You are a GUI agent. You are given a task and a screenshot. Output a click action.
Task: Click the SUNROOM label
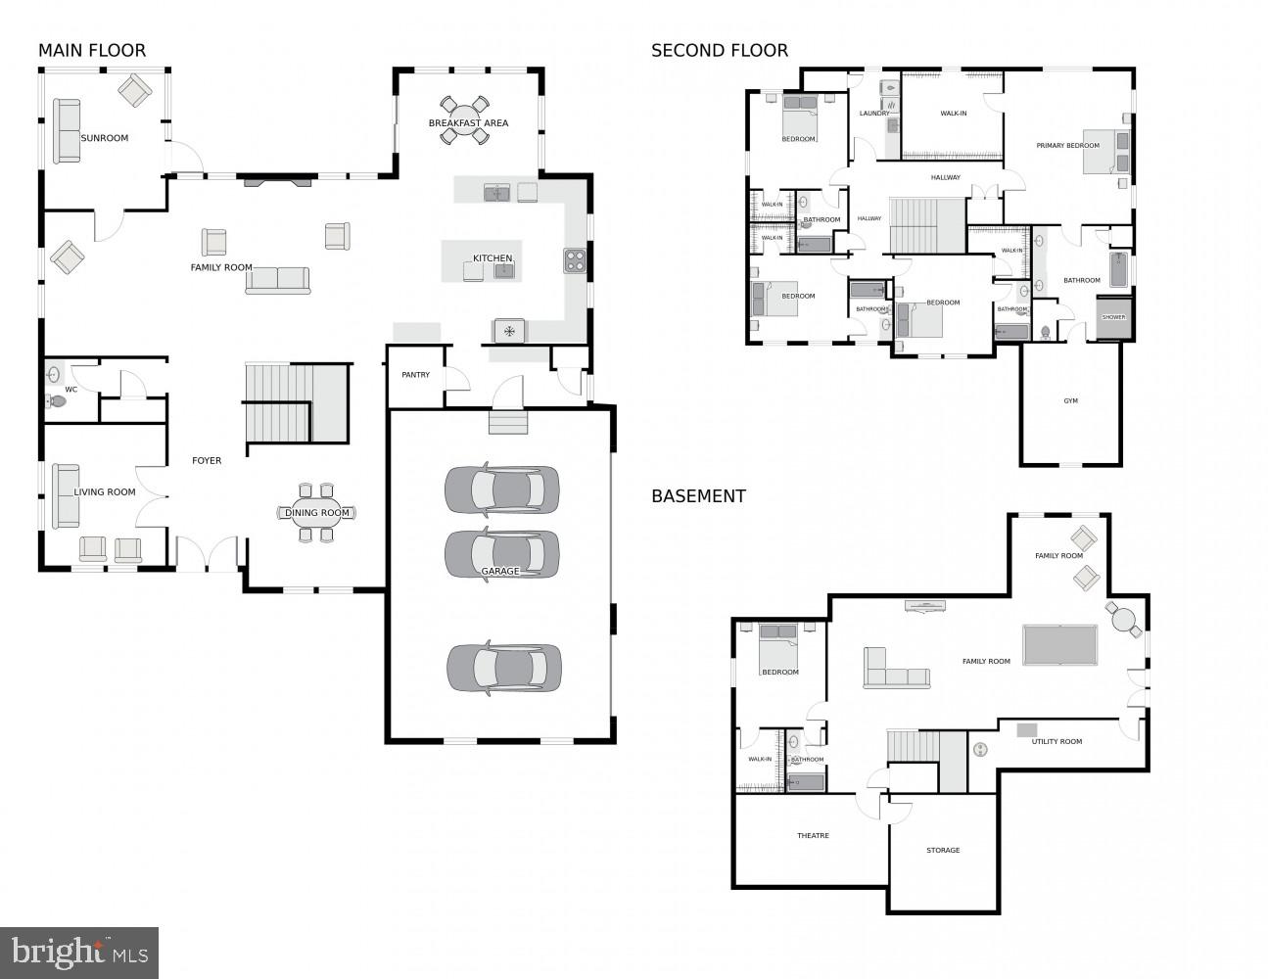(104, 138)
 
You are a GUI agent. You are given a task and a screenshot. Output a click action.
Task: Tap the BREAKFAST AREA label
(468, 123)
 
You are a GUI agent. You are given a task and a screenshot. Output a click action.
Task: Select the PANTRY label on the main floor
(415, 375)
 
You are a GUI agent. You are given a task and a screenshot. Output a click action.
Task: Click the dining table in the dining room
(317, 513)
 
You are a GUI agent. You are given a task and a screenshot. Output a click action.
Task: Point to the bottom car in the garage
(503, 668)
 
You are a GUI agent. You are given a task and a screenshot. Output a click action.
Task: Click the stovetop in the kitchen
(575, 260)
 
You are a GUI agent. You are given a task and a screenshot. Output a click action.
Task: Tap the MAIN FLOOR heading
(92, 51)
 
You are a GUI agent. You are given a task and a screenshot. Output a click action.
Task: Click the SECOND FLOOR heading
(719, 51)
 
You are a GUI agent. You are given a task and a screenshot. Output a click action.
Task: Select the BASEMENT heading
(698, 496)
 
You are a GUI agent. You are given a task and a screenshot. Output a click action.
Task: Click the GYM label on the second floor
(1070, 401)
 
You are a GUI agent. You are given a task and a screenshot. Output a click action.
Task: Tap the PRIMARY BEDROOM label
(1067, 146)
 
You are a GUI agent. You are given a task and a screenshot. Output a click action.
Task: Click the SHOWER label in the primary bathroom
(1113, 317)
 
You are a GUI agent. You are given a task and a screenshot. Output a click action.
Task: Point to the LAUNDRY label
(874, 114)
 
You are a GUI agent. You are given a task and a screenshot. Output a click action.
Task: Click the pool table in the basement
(1060, 645)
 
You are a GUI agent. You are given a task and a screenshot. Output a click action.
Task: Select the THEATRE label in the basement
(813, 836)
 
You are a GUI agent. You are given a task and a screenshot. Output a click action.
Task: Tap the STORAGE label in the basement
(943, 851)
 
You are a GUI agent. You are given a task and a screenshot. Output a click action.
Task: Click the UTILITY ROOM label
(1057, 742)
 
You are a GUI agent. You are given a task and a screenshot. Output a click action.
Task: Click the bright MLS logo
(79, 952)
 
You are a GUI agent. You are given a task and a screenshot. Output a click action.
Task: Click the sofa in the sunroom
(67, 130)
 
